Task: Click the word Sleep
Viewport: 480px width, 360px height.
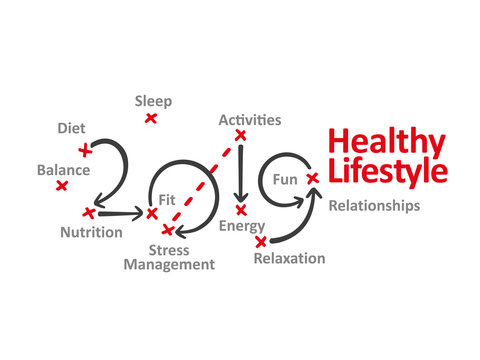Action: coord(153,101)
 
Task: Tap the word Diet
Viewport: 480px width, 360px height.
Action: coord(71,128)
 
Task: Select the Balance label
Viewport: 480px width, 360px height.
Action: coord(63,170)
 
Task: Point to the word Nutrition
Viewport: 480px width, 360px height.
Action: coord(92,232)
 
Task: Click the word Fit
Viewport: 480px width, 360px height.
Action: coord(167,198)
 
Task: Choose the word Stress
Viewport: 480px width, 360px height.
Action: coord(170,248)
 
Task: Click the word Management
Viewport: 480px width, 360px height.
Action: coord(169,265)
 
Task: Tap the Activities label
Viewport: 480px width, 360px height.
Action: coord(250,120)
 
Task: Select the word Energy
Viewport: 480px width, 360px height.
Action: coord(242,227)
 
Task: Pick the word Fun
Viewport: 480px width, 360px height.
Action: coord(285,180)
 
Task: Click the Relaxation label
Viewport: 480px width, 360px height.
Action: coord(289,258)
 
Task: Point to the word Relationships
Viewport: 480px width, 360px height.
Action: coord(375,206)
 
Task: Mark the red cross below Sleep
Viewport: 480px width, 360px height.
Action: coord(151,118)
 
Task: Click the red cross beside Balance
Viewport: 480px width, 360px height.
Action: coord(62,186)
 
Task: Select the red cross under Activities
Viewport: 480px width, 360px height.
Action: coord(240,135)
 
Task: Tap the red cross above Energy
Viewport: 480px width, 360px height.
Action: coord(240,209)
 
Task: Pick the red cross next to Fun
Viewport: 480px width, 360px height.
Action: coord(312,178)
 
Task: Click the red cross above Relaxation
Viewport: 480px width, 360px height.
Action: coord(261,241)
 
